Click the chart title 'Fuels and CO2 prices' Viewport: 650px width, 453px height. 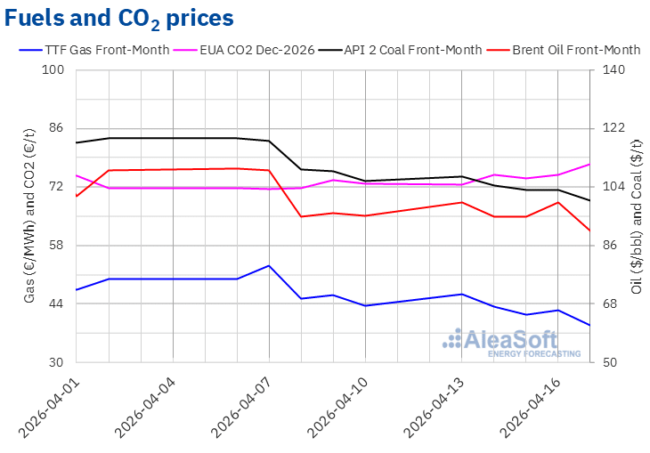pyautogui.click(x=120, y=18)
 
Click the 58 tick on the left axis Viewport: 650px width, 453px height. pyautogui.click(x=58, y=245)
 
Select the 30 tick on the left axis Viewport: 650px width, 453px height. pyautogui.click(x=58, y=362)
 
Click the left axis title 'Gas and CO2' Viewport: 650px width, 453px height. pyautogui.click(x=29, y=215)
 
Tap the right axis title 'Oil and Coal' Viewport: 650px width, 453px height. pyautogui.click(x=636, y=215)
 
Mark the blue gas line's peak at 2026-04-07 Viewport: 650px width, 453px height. pyautogui.click(x=269, y=265)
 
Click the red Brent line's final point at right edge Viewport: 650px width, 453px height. pyautogui.click(x=589, y=231)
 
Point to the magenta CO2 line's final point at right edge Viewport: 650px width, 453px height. pyautogui.click(x=589, y=164)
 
